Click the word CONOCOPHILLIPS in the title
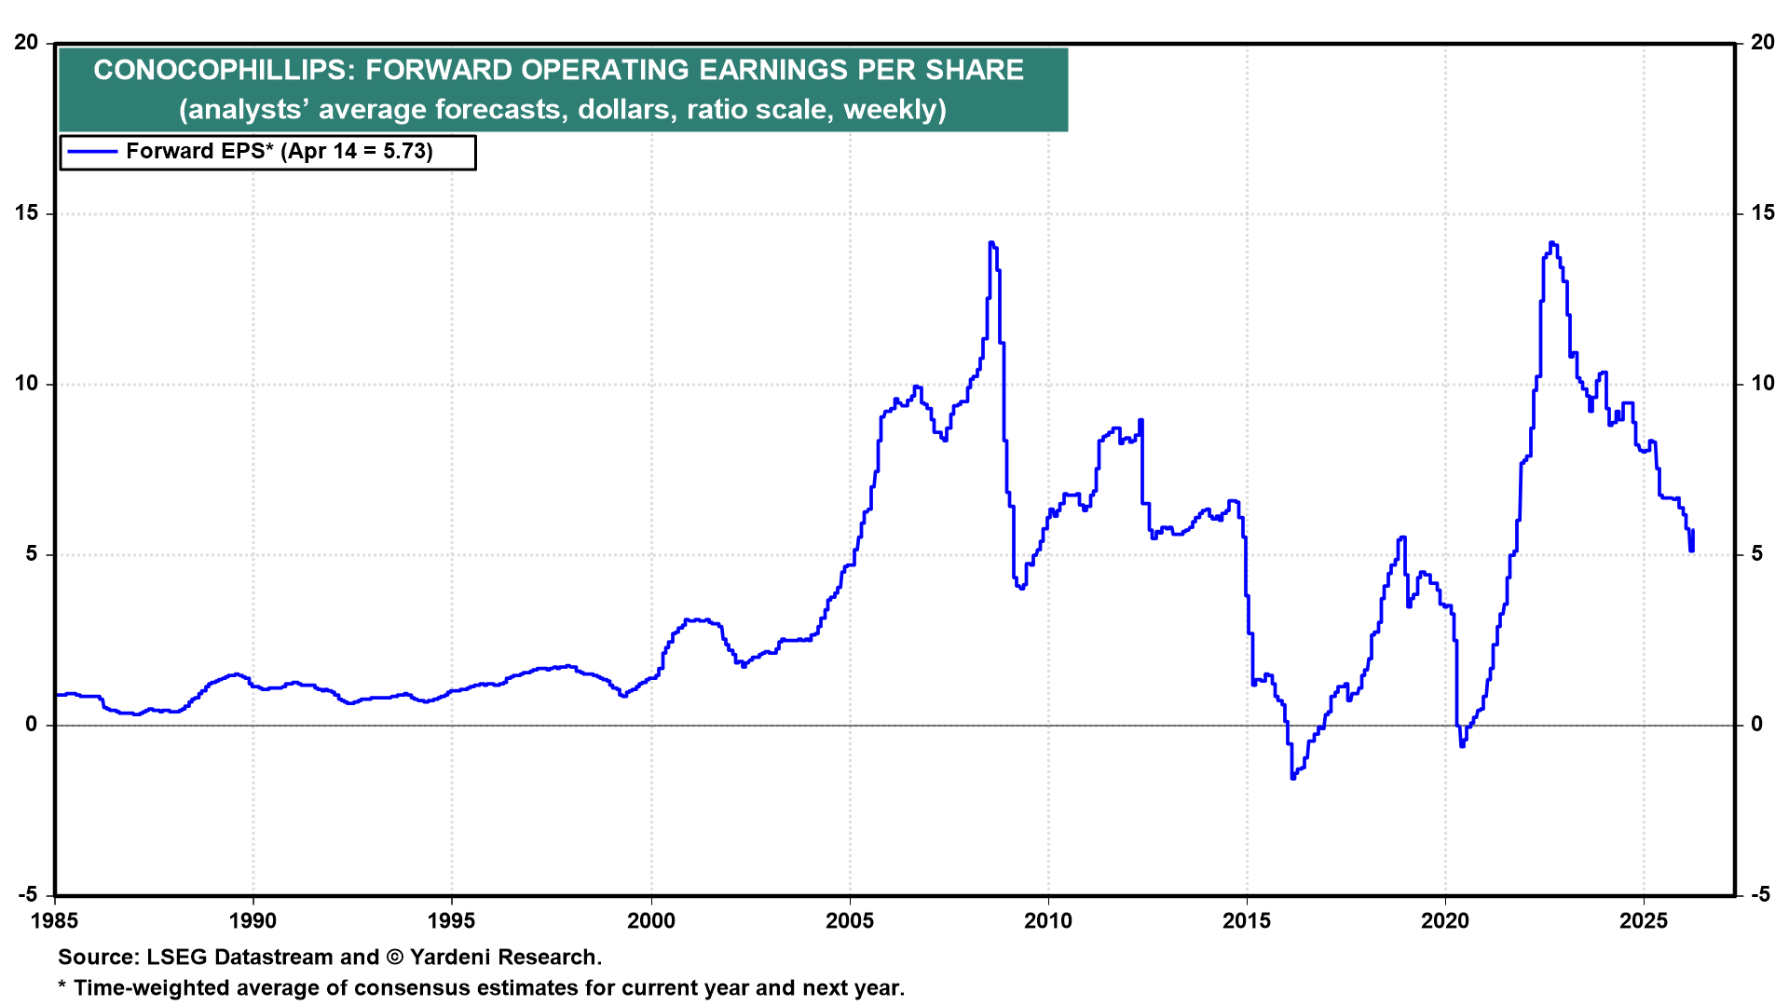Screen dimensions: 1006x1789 (x=220, y=70)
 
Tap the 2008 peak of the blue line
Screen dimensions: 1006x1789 (x=991, y=243)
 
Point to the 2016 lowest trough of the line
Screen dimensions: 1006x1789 (x=1293, y=777)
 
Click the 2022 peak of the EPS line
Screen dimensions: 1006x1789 (x=1551, y=243)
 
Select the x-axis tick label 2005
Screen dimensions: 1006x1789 (x=850, y=921)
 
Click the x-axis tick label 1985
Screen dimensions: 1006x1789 (x=55, y=921)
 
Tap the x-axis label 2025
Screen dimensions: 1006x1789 (x=1644, y=921)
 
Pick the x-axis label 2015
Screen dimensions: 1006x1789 (x=1247, y=921)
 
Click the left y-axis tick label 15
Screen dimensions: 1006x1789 (x=26, y=213)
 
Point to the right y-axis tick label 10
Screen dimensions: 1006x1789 (x=1763, y=384)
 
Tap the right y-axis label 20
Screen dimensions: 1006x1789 (x=1763, y=43)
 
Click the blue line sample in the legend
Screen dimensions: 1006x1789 (x=92, y=152)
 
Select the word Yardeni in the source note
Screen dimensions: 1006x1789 (x=453, y=958)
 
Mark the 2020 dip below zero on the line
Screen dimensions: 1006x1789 (x=1462, y=745)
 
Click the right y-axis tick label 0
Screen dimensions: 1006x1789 (x=1756, y=725)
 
